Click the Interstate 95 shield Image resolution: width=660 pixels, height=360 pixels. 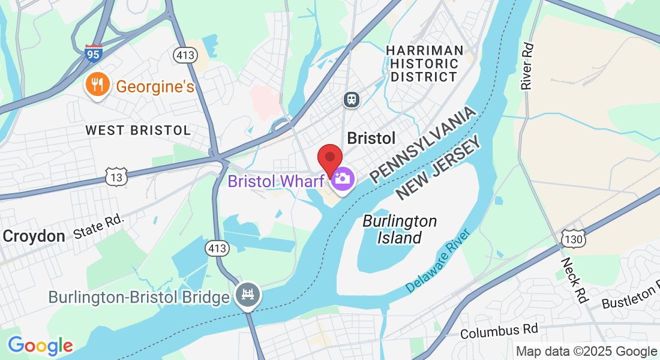[x=93, y=53]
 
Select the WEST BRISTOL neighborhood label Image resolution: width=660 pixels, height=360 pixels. [x=138, y=130]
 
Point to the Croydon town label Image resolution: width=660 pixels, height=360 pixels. [x=34, y=236]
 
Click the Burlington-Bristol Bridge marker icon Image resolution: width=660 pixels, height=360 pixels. [x=247, y=295]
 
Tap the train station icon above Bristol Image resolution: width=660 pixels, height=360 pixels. [x=352, y=99]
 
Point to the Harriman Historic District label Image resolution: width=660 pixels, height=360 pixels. [x=425, y=64]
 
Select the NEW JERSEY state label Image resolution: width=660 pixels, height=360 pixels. [x=439, y=169]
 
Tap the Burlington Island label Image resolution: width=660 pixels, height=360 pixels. [x=400, y=229]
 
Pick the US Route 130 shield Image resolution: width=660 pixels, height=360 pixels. [x=574, y=238]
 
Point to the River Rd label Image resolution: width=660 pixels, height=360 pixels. [x=527, y=67]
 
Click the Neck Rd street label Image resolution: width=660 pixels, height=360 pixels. [x=574, y=280]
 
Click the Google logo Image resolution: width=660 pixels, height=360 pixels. [x=40, y=346]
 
